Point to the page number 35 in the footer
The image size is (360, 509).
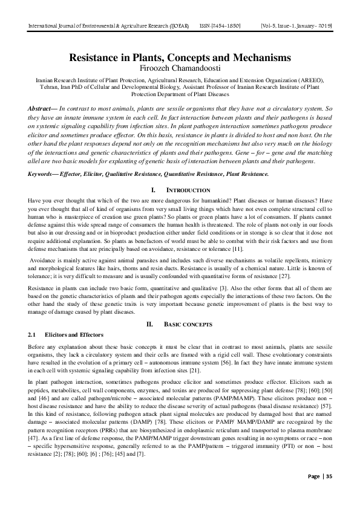pos(327,493)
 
